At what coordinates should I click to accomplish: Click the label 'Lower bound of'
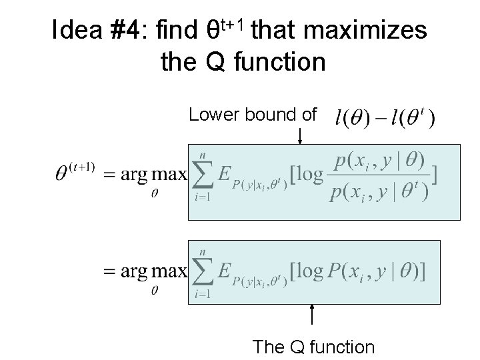253,115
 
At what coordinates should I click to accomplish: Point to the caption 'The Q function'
313,347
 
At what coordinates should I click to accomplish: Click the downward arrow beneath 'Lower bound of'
301,137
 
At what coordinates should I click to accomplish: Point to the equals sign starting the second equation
111,271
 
